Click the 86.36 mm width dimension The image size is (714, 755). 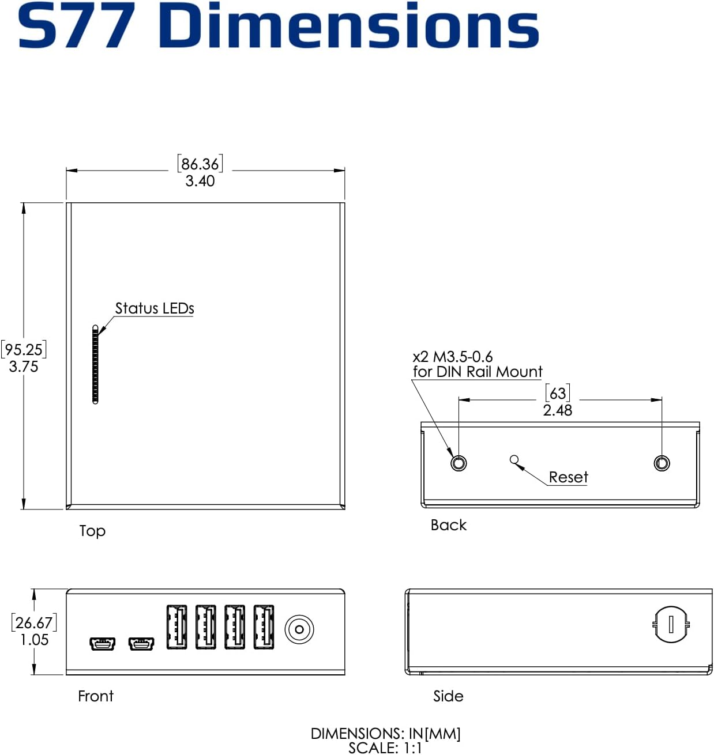[200, 164]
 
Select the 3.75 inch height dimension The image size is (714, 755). [24, 367]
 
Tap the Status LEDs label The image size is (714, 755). [154, 308]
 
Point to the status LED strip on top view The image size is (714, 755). [95, 364]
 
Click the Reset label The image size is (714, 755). [568, 477]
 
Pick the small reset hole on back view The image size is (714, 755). [514, 459]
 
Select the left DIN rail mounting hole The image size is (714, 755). [459, 463]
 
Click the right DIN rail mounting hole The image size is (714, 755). [662, 463]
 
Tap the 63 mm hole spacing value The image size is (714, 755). [558, 393]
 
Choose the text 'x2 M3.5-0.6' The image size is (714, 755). [453, 357]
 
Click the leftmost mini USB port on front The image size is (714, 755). [102, 643]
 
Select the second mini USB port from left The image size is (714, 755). [141, 643]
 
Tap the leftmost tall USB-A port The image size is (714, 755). [176, 627]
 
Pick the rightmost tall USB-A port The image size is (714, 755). [264, 627]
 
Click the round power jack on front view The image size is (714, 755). [299, 629]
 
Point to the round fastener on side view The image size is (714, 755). [671, 624]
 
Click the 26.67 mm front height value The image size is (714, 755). [34, 622]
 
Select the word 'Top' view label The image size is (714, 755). [92, 531]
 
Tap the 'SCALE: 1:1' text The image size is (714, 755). [385, 748]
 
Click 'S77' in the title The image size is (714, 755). [77, 26]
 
